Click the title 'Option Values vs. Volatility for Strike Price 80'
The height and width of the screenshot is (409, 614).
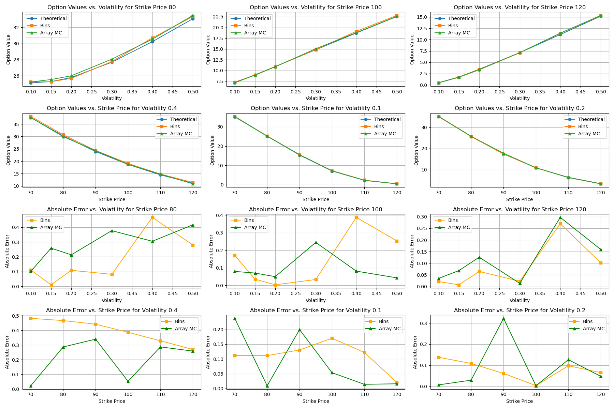[x=112, y=7]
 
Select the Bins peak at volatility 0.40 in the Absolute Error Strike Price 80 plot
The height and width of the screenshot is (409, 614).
[x=152, y=217]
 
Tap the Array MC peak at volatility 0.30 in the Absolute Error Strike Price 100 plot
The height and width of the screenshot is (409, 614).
[x=316, y=242]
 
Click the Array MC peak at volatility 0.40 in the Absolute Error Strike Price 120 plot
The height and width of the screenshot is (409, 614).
[x=560, y=217]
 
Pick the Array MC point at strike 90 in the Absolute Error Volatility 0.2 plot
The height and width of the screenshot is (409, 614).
[x=503, y=318]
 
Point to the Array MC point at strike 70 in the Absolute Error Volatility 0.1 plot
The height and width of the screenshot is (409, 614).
[x=235, y=318]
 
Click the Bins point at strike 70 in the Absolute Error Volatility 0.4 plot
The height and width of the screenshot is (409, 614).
[x=31, y=318]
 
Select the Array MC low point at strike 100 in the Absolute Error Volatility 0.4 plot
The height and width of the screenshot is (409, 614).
[x=128, y=381]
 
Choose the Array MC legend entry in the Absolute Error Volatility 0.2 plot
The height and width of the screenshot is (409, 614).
[x=594, y=329]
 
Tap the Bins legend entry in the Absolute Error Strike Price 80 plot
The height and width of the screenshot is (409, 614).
[x=45, y=220]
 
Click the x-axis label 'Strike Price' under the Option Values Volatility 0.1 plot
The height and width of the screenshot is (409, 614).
[x=316, y=199]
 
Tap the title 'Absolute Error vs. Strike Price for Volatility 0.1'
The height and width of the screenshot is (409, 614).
[x=316, y=310]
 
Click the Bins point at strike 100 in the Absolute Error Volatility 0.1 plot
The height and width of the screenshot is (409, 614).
[x=332, y=338]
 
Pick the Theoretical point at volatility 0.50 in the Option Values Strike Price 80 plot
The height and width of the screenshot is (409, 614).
[x=193, y=19]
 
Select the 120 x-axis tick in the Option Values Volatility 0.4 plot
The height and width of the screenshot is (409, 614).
[x=193, y=193]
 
